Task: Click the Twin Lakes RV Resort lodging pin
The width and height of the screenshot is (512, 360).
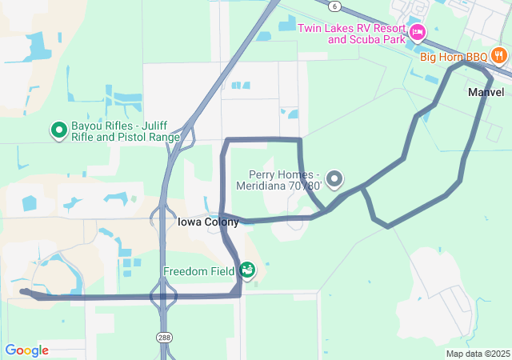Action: (x=417, y=33)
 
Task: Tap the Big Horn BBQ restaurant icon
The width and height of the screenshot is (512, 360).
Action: (x=499, y=55)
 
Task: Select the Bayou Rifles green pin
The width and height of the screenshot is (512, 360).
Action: (x=58, y=128)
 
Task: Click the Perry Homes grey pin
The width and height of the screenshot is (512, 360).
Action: (x=334, y=178)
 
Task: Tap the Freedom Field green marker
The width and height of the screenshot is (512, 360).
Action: (x=247, y=270)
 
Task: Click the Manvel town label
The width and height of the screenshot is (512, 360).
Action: (x=486, y=92)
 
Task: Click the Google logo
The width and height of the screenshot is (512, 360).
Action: (x=26, y=350)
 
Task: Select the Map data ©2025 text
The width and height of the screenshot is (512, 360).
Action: (x=478, y=354)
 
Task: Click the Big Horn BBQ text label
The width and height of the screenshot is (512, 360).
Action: (x=454, y=57)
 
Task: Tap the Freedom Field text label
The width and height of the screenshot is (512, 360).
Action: (x=198, y=271)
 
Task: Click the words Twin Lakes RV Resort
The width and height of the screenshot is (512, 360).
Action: (x=352, y=28)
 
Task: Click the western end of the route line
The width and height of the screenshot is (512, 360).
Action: (x=22, y=292)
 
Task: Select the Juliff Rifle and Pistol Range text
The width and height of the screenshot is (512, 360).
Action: (x=125, y=137)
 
